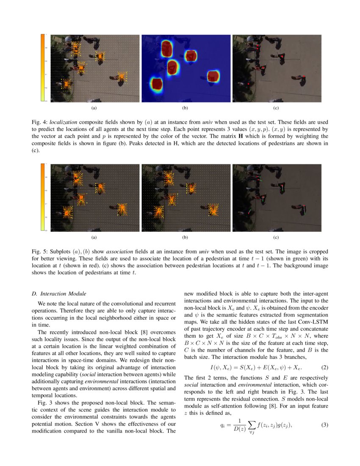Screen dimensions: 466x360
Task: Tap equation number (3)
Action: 325,425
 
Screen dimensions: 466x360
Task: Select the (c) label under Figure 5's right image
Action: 276,238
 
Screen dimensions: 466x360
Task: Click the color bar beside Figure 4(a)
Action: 43,68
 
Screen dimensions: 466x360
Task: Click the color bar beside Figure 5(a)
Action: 43,197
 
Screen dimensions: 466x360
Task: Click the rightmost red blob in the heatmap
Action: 213,76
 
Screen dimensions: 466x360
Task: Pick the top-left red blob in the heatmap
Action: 166,48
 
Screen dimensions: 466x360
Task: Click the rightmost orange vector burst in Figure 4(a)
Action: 122,77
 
